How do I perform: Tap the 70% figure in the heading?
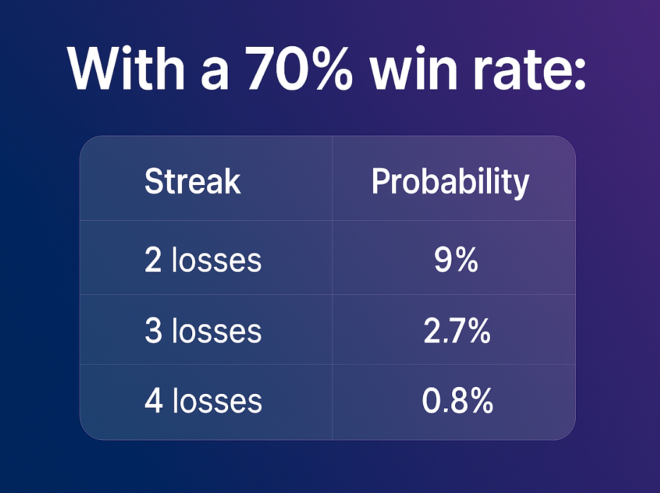point(298,68)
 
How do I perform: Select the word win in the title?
point(413,68)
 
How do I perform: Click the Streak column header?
point(193,181)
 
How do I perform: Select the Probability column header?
point(450,182)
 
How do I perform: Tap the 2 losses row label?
point(203,260)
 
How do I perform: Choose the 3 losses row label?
point(203,331)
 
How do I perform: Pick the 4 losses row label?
point(203,400)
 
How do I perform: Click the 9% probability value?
point(456,260)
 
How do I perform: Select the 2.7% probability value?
point(456,331)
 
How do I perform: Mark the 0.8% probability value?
point(457,400)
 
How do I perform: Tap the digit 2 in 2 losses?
point(153,260)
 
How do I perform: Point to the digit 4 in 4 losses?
point(153,400)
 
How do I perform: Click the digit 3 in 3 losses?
point(153,331)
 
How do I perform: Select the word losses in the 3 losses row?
point(217,331)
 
